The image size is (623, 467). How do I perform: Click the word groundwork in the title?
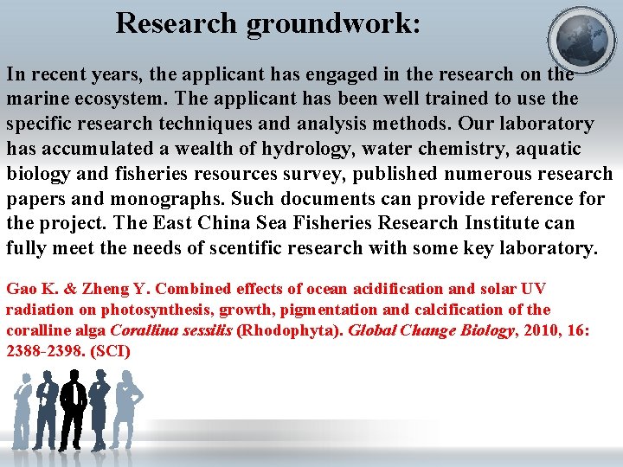click(333, 23)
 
